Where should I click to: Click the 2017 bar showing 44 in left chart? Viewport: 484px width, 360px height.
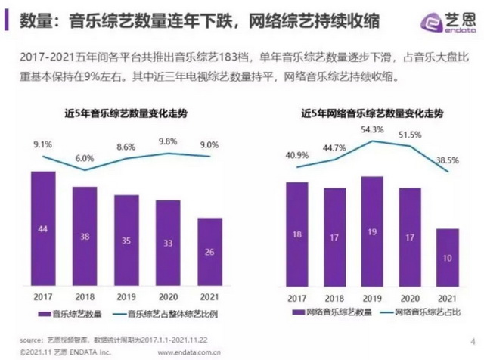tap(43, 227)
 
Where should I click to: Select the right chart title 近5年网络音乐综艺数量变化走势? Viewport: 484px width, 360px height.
tap(372, 113)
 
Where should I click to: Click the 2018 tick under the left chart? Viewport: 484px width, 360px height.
tap(84, 296)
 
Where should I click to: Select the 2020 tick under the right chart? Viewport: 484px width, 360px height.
tap(409, 296)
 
